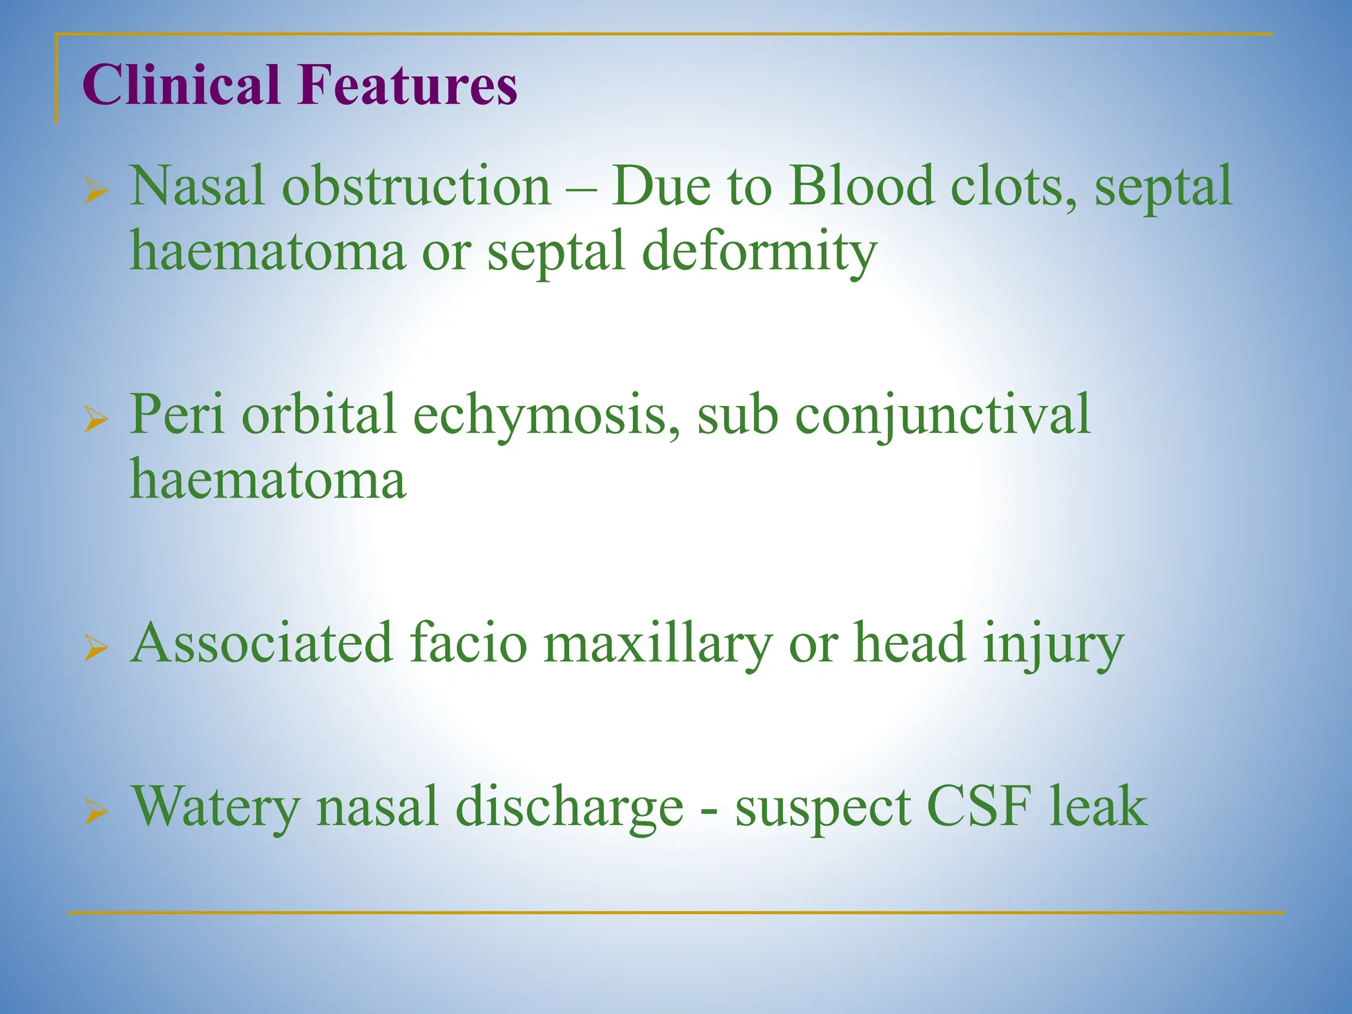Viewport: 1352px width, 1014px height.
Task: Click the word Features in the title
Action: [x=407, y=85]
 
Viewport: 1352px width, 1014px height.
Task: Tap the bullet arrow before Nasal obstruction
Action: [x=96, y=193]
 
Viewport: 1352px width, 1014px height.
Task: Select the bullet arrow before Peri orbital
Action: [x=96, y=421]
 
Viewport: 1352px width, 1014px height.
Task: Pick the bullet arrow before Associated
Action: [x=96, y=650]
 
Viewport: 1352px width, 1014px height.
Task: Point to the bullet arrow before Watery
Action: [x=96, y=813]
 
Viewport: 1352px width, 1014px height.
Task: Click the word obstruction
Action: [x=417, y=187]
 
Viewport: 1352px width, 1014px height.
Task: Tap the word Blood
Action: [x=862, y=187]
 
